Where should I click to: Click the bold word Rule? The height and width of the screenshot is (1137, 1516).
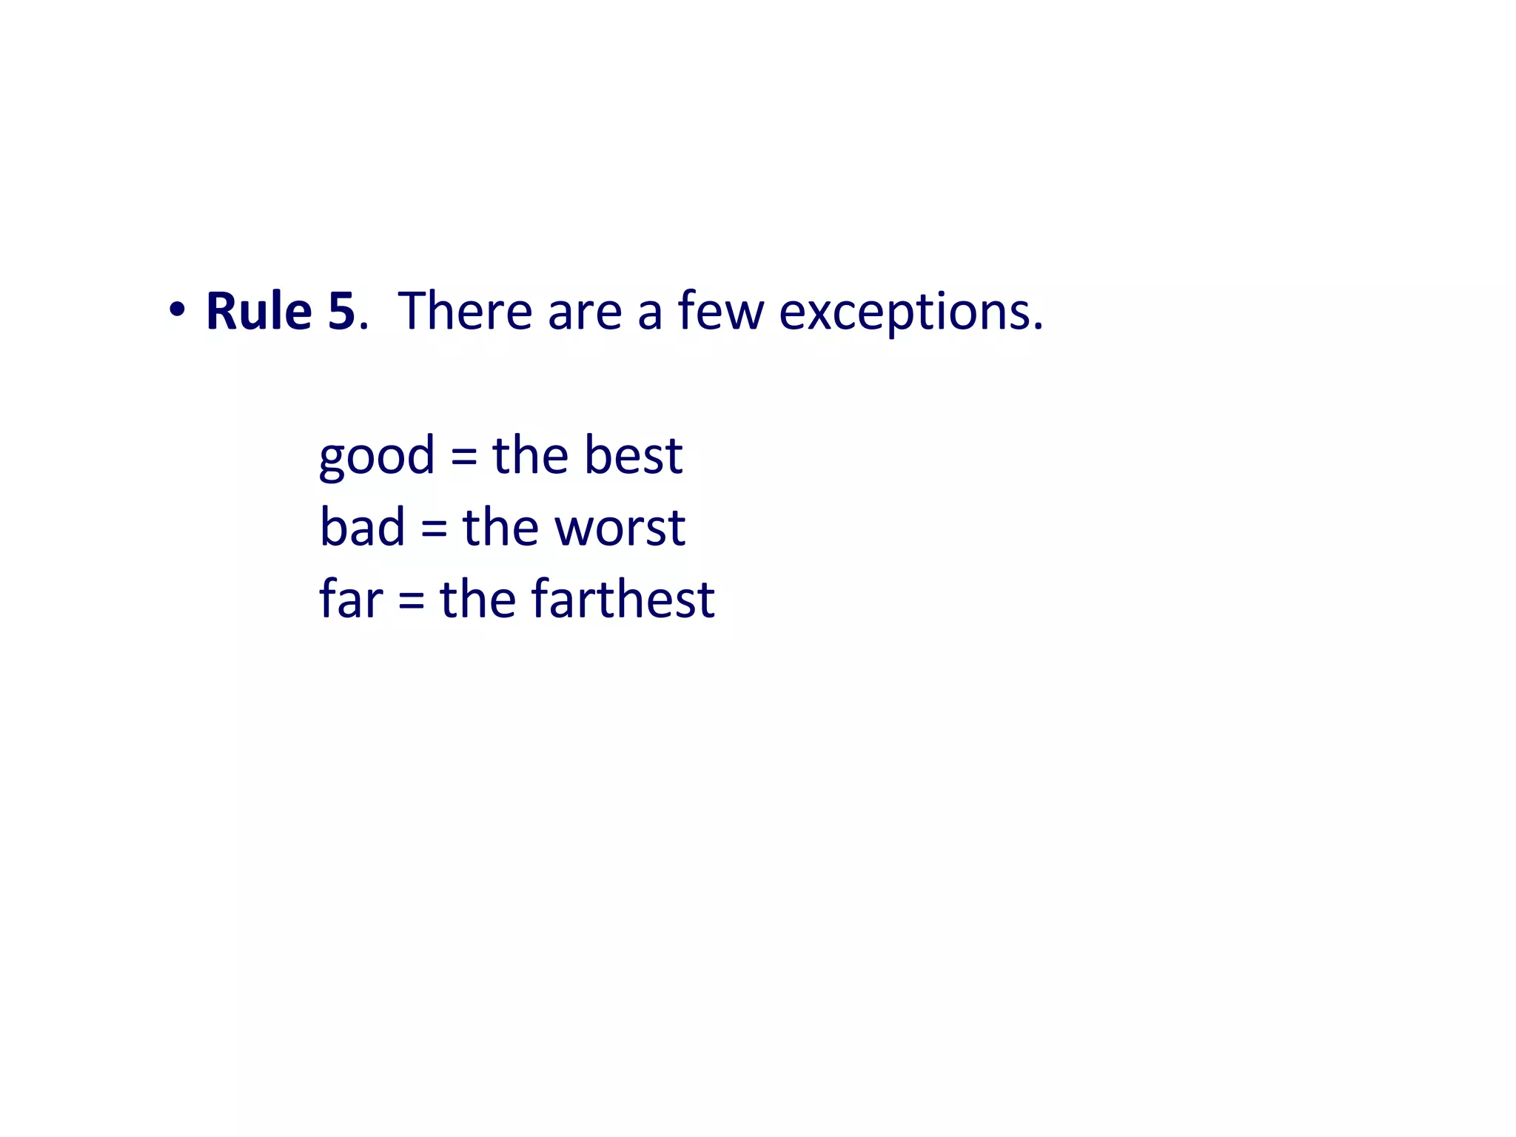pyautogui.click(x=258, y=311)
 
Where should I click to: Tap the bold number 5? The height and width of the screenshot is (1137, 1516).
pyautogui.click(x=341, y=311)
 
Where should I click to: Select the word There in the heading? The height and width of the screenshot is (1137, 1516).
pyautogui.click(x=465, y=311)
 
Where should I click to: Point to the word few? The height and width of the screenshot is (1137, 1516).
pyautogui.click(x=720, y=311)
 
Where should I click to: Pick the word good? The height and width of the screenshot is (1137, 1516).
pyautogui.click(x=377, y=456)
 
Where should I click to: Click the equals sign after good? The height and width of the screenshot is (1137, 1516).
pyautogui.click(x=463, y=456)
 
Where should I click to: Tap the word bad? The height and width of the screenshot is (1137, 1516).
pyautogui.click(x=362, y=527)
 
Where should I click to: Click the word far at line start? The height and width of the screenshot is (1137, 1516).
pyautogui.click(x=351, y=598)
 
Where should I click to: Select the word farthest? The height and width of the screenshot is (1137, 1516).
pyautogui.click(x=623, y=598)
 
